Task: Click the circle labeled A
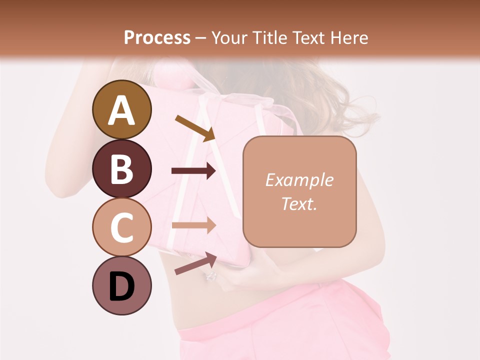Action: tap(122, 109)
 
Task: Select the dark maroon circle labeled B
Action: tap(122, 168)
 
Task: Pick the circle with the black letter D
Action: tap(122, 285)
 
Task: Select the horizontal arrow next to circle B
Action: tap(193, 171)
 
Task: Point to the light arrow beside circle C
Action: tap(193, 225)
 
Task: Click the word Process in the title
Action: tap(157, 37)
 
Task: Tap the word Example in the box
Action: tap(299, 180)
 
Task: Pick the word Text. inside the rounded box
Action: tap(299, 203)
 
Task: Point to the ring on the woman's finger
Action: tap(210, 276)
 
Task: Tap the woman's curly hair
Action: tap(340, 100)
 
